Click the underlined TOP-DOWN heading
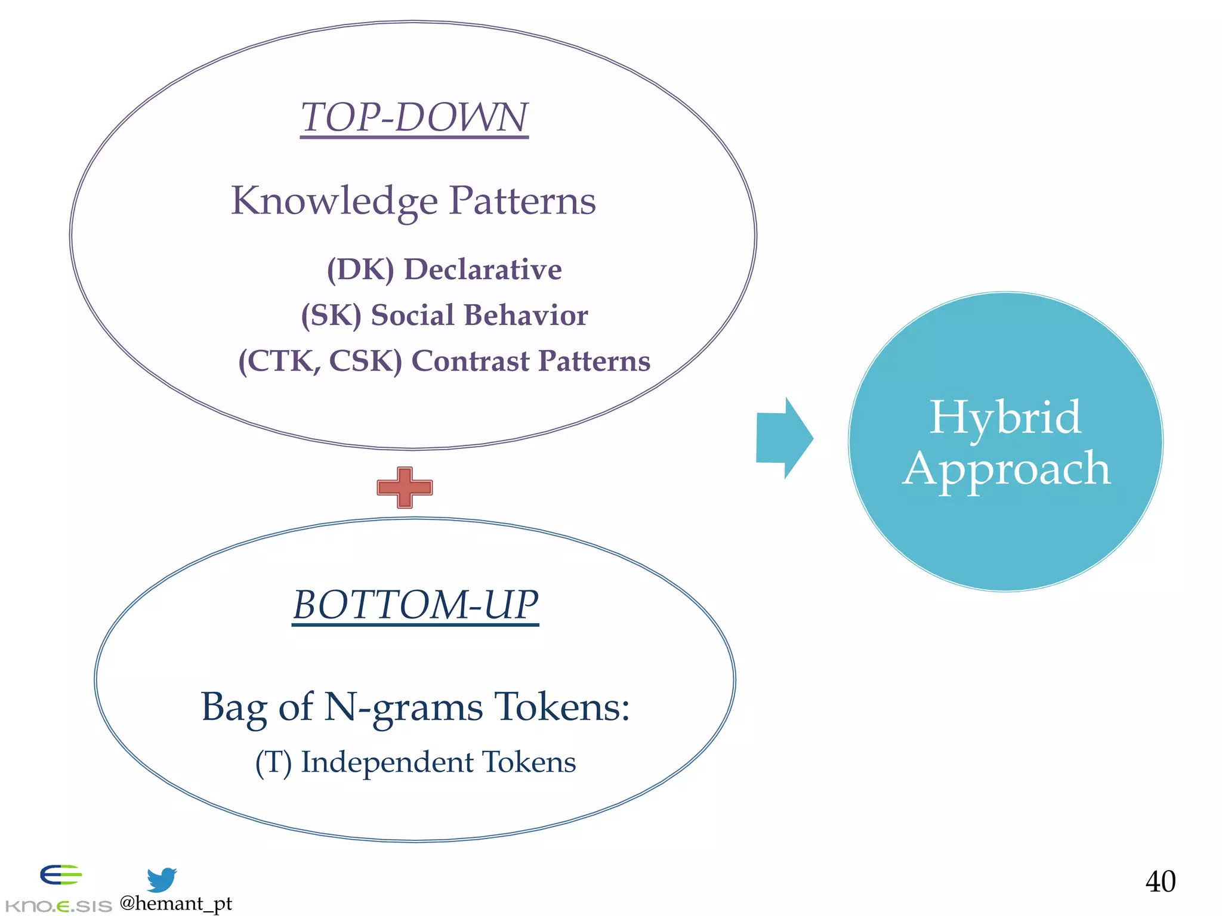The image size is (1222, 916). click(414, 117)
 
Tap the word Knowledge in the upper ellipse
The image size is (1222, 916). click(334, 201)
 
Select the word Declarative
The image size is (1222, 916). click(483, 270)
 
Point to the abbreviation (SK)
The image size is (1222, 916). click(331, 315)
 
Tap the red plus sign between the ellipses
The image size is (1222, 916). click(405, 487)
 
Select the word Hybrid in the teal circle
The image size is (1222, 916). click(1005, 417)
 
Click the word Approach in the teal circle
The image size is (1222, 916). click(1006, 469)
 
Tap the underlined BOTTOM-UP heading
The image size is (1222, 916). click(415, 605)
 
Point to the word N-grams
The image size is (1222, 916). click(403, 708)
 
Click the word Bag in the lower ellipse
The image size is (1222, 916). click(233, 708)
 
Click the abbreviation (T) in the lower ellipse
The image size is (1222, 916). click(273, 763)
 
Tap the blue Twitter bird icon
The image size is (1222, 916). click(162, 880)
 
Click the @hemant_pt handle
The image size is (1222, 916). click(175, 903)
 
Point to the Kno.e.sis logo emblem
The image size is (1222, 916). click(60, 875)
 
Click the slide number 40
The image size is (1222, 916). click(1160, 881)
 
